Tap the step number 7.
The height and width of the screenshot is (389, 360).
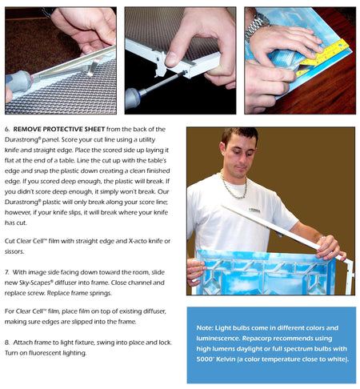7,273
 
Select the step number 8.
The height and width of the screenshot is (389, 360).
7,342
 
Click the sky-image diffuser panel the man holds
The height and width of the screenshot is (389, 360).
256,272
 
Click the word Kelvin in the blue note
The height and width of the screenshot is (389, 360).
238,359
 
